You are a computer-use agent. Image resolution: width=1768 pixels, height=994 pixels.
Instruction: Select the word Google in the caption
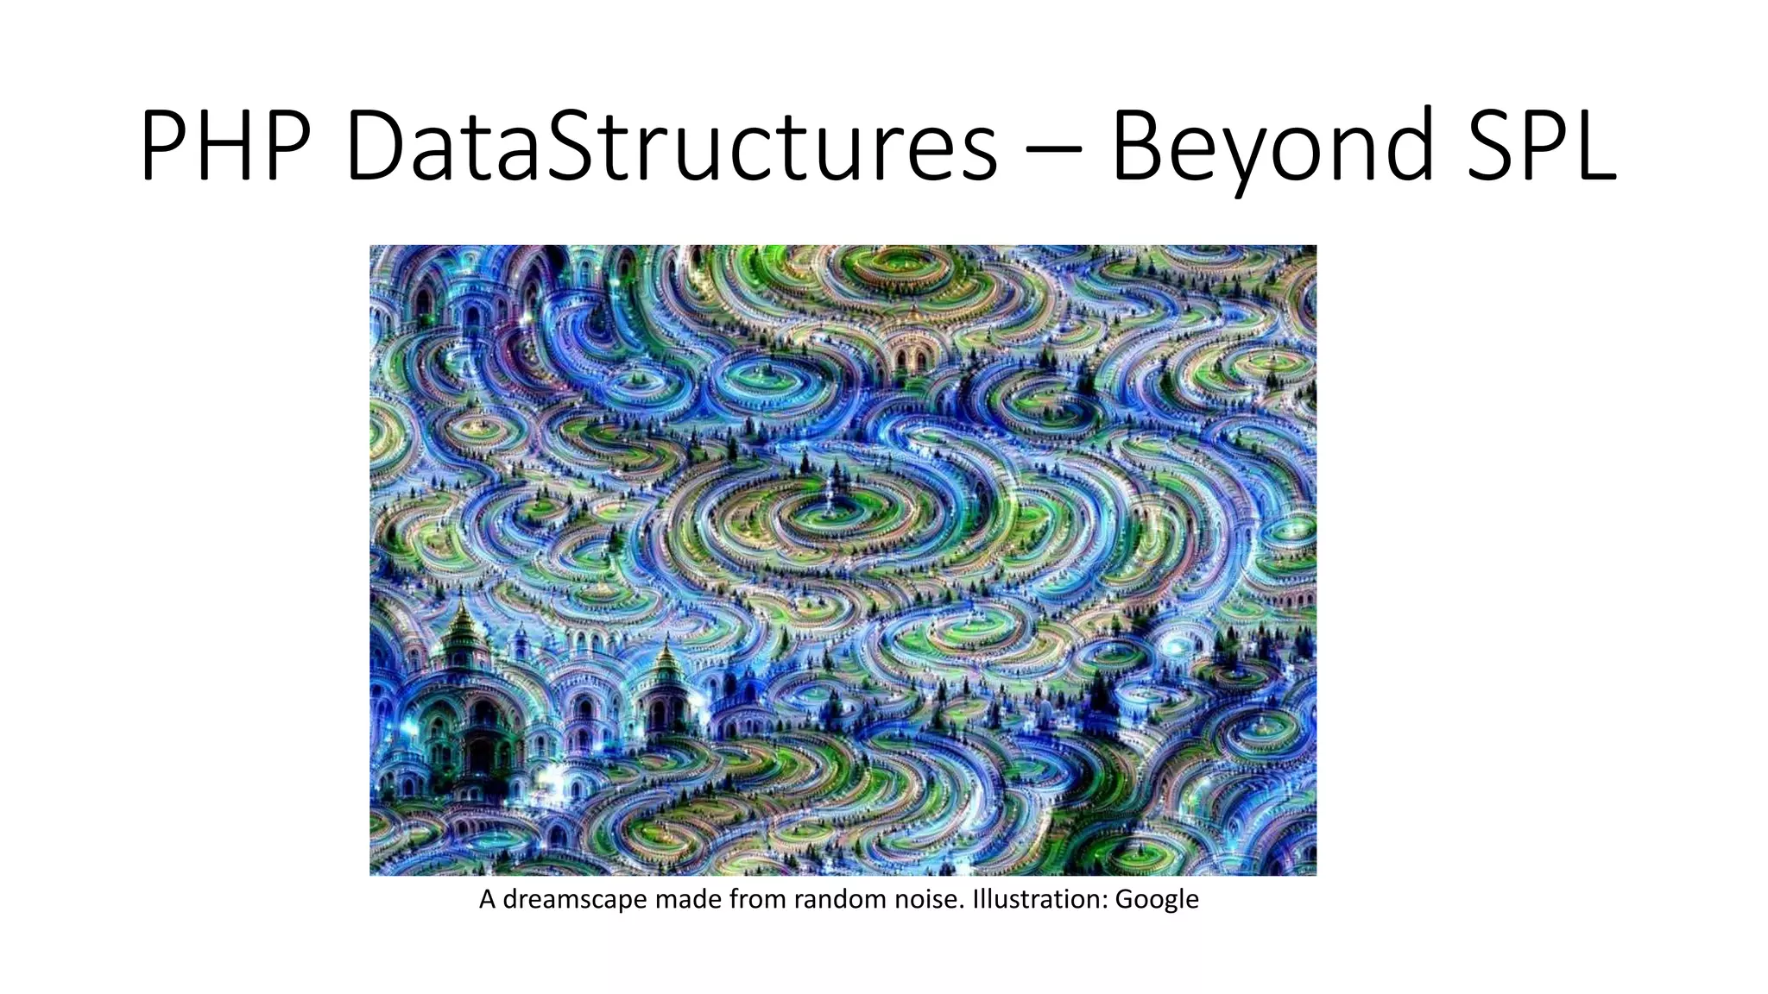(1157, 900)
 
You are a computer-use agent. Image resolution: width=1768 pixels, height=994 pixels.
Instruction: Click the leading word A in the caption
(488, 900)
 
